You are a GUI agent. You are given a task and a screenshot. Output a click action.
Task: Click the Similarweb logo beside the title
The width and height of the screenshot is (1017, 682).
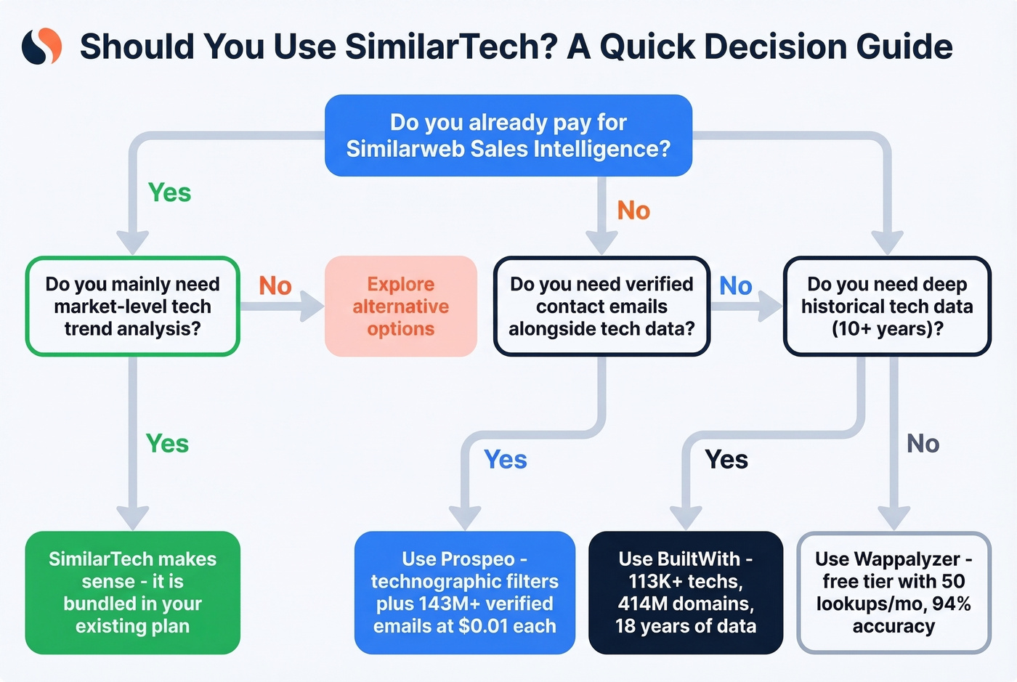point(41,46)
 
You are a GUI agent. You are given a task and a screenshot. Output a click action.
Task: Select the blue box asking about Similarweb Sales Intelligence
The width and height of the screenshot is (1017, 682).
point(508,135)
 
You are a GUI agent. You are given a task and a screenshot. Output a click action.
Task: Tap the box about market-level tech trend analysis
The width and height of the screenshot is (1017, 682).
point(132,306)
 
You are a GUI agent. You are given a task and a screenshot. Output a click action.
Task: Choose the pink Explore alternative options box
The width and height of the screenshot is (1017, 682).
point(400,306)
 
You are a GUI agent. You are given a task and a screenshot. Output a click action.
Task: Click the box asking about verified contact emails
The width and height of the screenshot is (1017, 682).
point(601,306)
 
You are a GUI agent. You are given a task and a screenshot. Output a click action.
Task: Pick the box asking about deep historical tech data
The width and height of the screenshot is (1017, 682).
point(887,306)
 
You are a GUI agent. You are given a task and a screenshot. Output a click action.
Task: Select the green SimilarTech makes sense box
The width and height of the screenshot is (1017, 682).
point(132,592)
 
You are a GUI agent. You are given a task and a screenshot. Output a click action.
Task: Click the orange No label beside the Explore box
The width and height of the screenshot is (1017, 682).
point(275,286)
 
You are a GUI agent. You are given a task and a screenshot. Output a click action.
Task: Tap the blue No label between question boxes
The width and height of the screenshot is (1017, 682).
point(735,286)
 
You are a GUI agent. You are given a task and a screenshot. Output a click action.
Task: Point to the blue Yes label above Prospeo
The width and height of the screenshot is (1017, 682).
point(506,460)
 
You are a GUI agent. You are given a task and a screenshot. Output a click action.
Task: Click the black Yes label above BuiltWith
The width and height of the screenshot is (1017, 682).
point(726,460)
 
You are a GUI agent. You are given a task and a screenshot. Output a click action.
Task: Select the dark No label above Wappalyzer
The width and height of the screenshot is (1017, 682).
point(923,444)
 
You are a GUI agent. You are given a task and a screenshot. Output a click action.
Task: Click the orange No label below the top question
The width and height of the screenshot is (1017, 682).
point(633,211)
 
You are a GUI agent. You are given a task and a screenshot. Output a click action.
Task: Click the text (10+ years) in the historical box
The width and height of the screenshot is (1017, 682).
point(887,329)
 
